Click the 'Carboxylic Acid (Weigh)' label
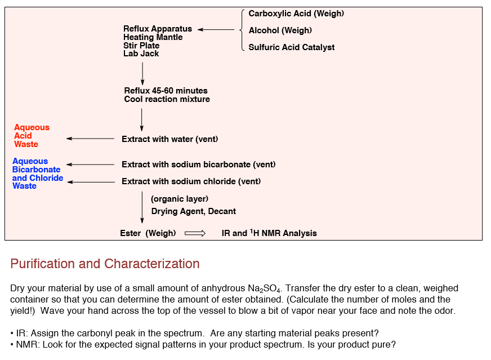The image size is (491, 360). click(296, 14)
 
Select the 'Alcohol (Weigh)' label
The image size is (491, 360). click(280, 30)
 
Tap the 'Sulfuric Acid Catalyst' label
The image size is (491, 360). click(292, 47)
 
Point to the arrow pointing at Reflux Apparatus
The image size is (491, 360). click(216, 30)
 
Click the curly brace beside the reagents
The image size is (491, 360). click(242, 30)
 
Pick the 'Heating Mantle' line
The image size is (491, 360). click(153, 37)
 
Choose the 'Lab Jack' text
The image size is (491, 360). click(141, 54)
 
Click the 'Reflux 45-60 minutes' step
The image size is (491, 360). click(166, 91)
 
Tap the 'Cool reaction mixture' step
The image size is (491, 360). click(167, 99)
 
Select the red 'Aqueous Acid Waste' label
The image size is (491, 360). click(32, 136)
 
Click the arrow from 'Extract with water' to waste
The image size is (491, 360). click(91, 139)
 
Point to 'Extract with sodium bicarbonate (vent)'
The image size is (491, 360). click(199, 165)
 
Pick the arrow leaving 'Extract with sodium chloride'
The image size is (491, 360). click(91, 182)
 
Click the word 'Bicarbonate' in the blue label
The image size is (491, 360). click(37, 170)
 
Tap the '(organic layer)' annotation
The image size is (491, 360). click(180, 199)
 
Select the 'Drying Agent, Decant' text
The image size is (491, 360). click(194, 211)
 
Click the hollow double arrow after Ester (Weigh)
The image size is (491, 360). click(195, 233)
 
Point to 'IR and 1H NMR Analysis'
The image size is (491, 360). click(269, 233)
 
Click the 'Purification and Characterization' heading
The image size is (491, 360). click(105, 264)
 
